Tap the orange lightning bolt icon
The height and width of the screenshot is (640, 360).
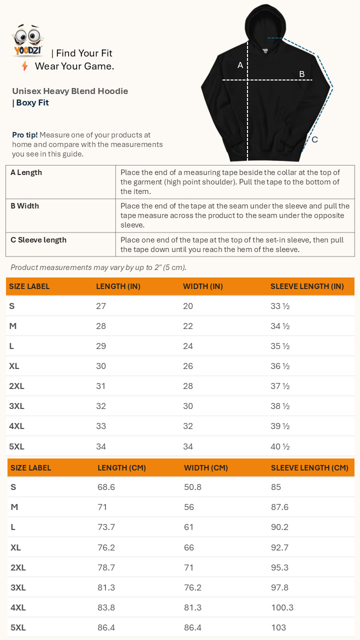tap(24, 66)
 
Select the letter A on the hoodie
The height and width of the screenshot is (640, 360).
tap(240, 65)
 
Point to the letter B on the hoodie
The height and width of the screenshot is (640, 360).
tap(302, 74)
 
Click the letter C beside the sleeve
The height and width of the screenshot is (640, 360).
tap(314, 139)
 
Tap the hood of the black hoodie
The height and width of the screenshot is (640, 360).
tap(263, 25)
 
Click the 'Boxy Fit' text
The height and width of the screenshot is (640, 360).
tap(32, 103)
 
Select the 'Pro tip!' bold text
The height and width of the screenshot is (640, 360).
tap(25, 135)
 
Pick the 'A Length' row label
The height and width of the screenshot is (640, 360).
tap(26, 172)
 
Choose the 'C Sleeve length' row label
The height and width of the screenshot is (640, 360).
tap(38, 240)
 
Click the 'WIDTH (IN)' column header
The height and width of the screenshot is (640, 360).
tap(203, 286)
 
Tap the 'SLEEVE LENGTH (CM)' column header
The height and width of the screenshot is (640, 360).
tap(309, 468)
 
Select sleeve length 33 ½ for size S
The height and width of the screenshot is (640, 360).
tap(280, 306)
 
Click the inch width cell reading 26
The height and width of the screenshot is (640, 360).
tap(188, 366)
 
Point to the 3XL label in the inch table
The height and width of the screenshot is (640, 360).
tap(16, 406)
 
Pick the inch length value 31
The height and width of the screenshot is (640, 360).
tap(101, 386)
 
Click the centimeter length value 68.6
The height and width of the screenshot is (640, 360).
tap(106, 487)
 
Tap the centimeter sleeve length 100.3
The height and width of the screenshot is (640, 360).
tap(282, 607)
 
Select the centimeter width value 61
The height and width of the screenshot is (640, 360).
tap(189, 527)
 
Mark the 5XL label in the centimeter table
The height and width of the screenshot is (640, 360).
tap(18, 627)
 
